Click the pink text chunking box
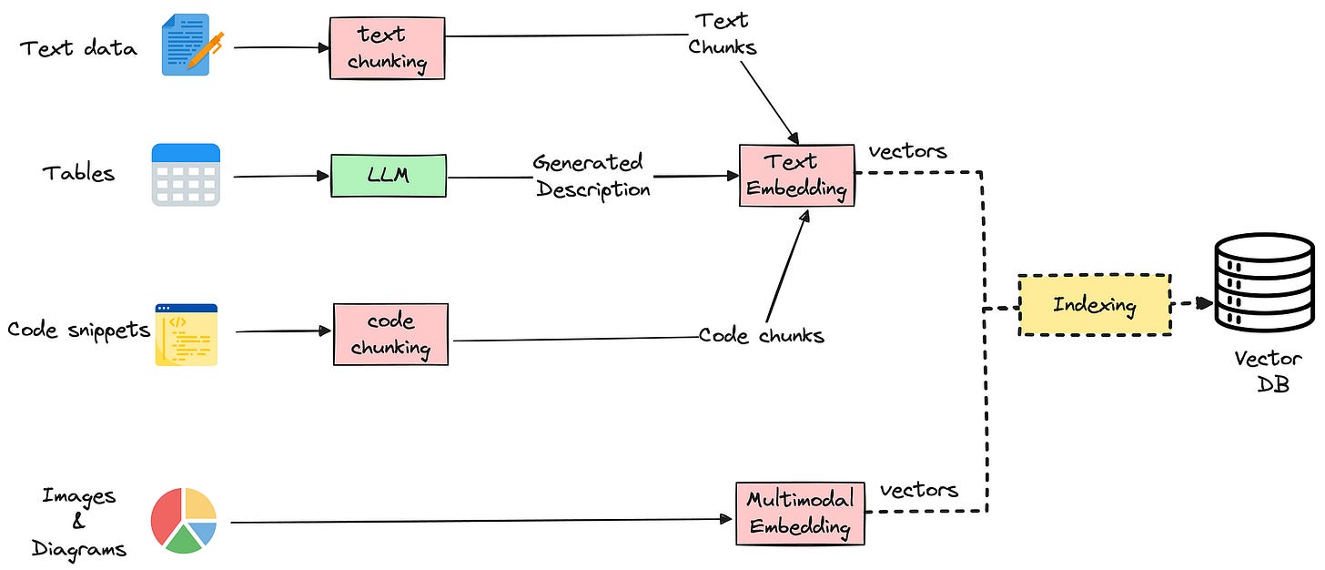(388, 48)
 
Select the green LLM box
(389, 175)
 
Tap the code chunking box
(391, 334)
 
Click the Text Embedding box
(797, 175)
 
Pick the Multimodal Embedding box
(800, 514)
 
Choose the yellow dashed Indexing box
(1095, 305)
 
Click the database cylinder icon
(1265, 283)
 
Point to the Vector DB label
(1269, 372)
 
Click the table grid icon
(186, 175)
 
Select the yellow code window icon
(187, 334)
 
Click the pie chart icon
(184, 520)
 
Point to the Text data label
(78, 48)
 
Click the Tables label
(78, 173)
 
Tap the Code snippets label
(78, 331)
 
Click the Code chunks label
(762, 336)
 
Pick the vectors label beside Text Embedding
(908, 151)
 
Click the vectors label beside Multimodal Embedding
(918, 490)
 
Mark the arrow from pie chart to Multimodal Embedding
(481, 521)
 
